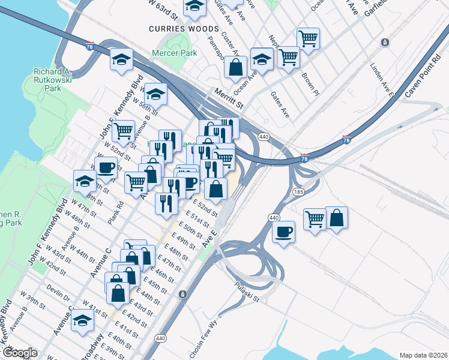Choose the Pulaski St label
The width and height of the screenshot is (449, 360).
point(247,292)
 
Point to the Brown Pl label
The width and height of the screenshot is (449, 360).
point(310,85)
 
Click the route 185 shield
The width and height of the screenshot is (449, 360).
point(298,192)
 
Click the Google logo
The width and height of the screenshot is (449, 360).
point(19,353)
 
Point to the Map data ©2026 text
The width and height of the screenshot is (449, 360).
point(424,355)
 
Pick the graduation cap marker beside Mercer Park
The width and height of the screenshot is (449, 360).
point(121,60)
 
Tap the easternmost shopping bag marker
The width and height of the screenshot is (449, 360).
point(337,218)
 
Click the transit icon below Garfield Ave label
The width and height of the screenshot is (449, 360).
point(385,43)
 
